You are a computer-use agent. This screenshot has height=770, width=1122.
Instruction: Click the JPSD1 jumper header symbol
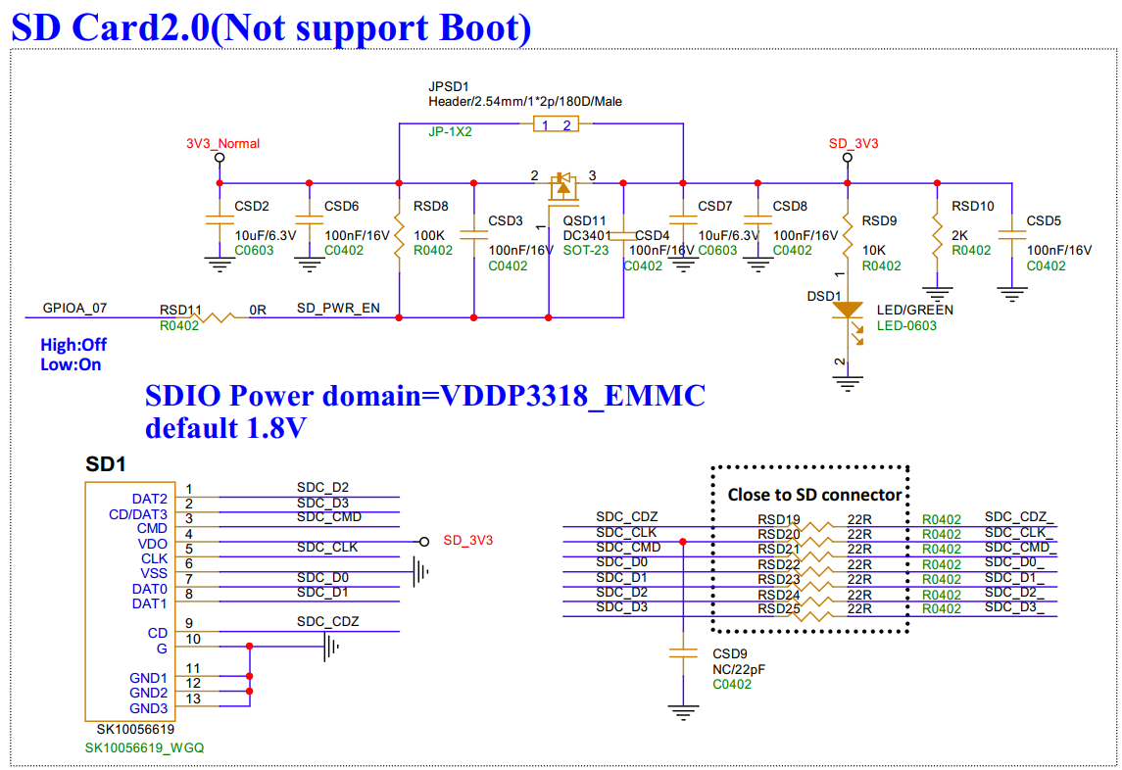[555, 123]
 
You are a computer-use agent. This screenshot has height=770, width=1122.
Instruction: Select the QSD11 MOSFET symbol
[562, 186]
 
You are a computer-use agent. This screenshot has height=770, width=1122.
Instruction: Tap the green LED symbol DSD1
[847, 311]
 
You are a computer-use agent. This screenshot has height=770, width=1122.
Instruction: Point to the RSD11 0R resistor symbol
[222, 316]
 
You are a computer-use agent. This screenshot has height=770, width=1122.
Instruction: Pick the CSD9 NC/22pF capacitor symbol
[682, 652]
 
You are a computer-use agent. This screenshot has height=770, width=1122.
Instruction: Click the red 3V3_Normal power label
[222, 143]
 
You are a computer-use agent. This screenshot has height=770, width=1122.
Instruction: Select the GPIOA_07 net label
[75, 308]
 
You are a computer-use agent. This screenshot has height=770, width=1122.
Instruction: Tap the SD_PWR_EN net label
[338, 308]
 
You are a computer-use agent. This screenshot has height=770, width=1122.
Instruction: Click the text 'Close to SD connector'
[813, 495]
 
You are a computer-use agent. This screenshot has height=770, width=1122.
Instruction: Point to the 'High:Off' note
[73, 345]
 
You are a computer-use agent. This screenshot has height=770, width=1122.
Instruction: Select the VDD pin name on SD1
[153, 543]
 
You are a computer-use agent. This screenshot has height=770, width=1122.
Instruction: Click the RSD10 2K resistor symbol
[938, 234]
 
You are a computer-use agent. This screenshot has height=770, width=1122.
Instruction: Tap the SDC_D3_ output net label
[1013, 608]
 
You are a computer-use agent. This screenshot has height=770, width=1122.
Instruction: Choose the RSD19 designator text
[779, 519]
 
